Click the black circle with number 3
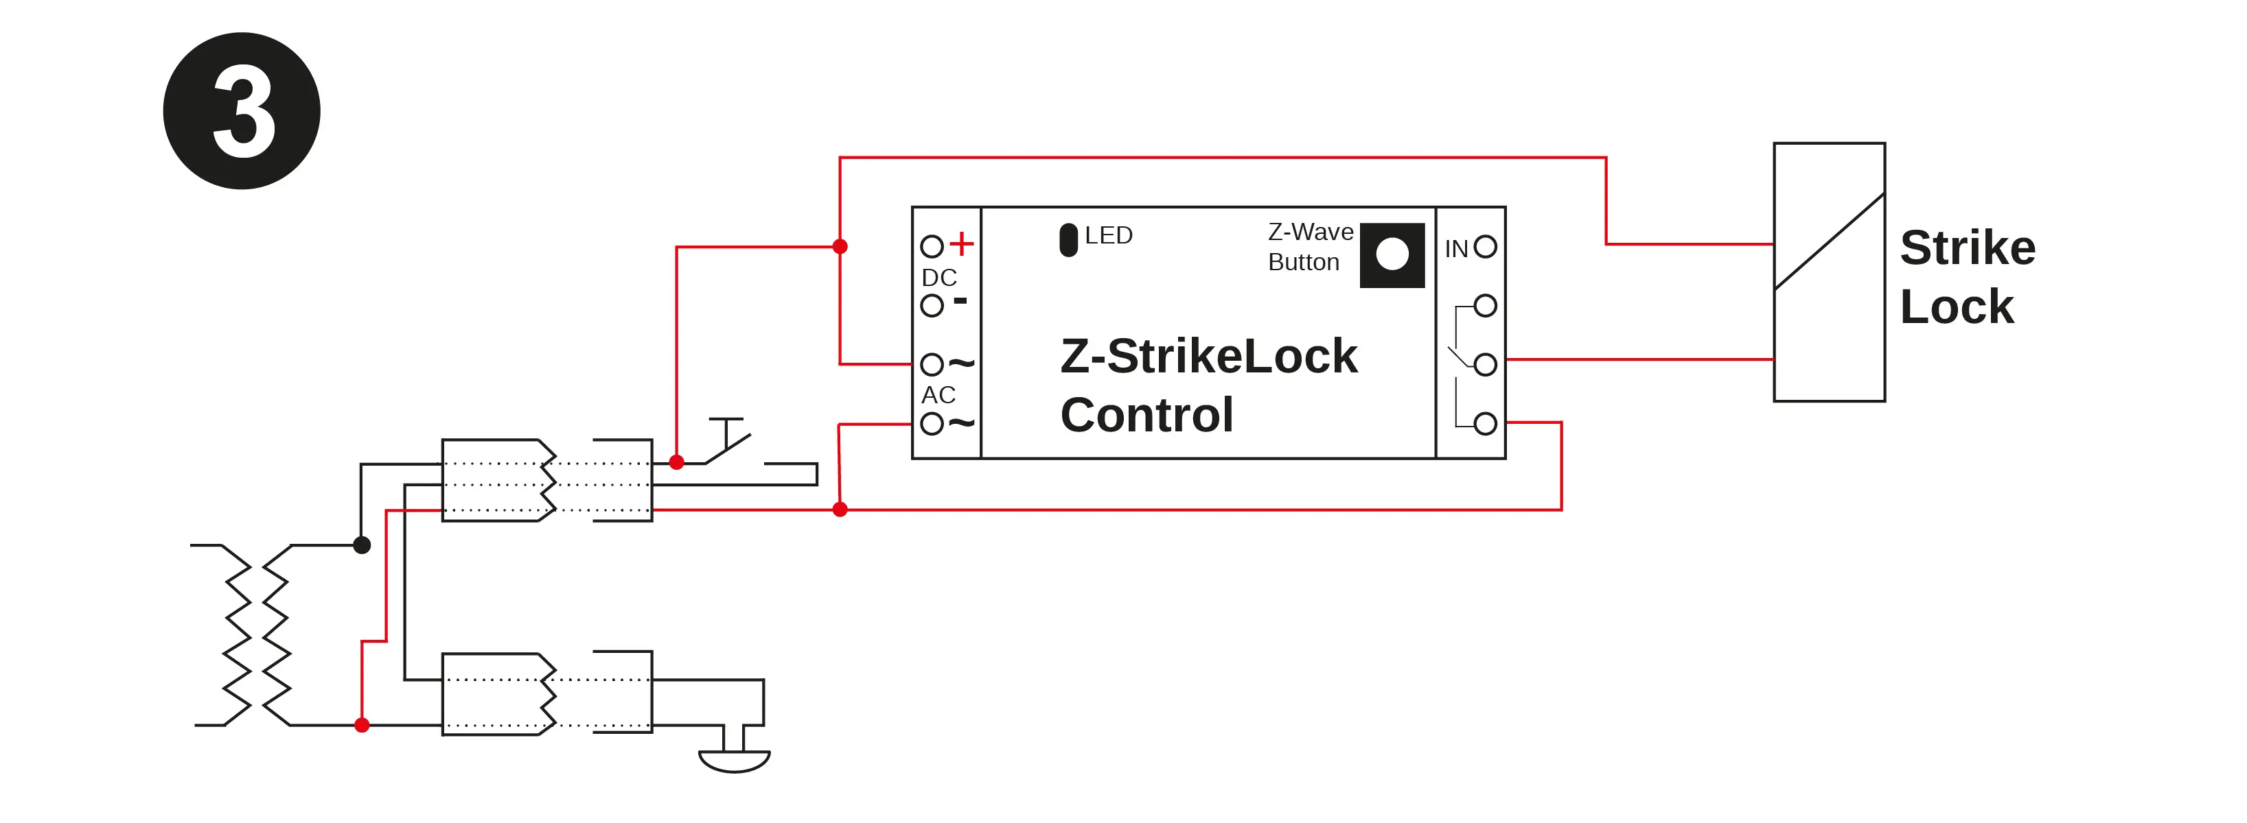click(x=242, y=110)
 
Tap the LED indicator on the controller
click(x=1068, y=240)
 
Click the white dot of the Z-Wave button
click(x=1392, y=254)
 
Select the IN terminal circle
click(x=1485, y=247)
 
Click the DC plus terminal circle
click(x=932, y=247)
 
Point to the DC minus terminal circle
click(x=932, y=305)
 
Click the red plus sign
click(x=960, y=243)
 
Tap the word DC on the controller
click(x=939, y=277)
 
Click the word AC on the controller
click(x=938, y=395)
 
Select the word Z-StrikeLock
click(x=1208, y=356)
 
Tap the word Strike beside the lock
click(x=1967, y=248)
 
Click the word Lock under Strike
click(x=1957, y=307)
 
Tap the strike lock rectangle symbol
click(x=1828, y=272)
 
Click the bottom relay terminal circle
click(x=1485, y=424)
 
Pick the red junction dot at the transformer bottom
click(x=362, y=724)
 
